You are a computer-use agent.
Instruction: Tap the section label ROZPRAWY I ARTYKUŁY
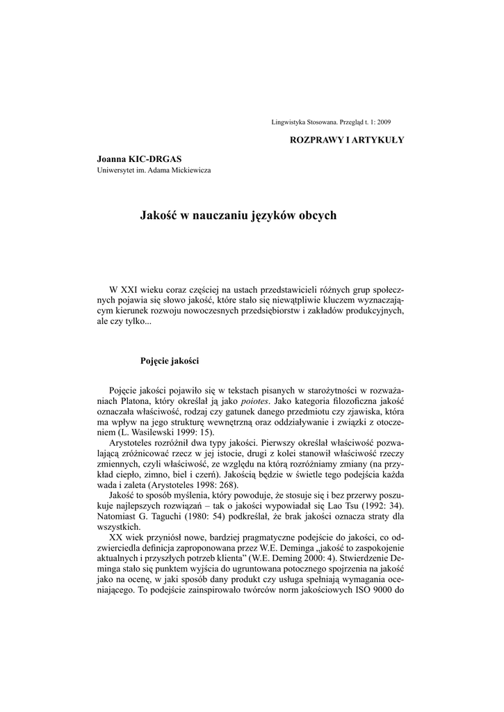(346, 140)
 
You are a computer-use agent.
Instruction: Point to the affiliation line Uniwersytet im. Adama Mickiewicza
(154, 170)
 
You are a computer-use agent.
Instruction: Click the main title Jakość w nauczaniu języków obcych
(238, 216)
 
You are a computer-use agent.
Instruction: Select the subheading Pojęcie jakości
(170, 361)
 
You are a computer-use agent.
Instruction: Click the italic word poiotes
(255, 402)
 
